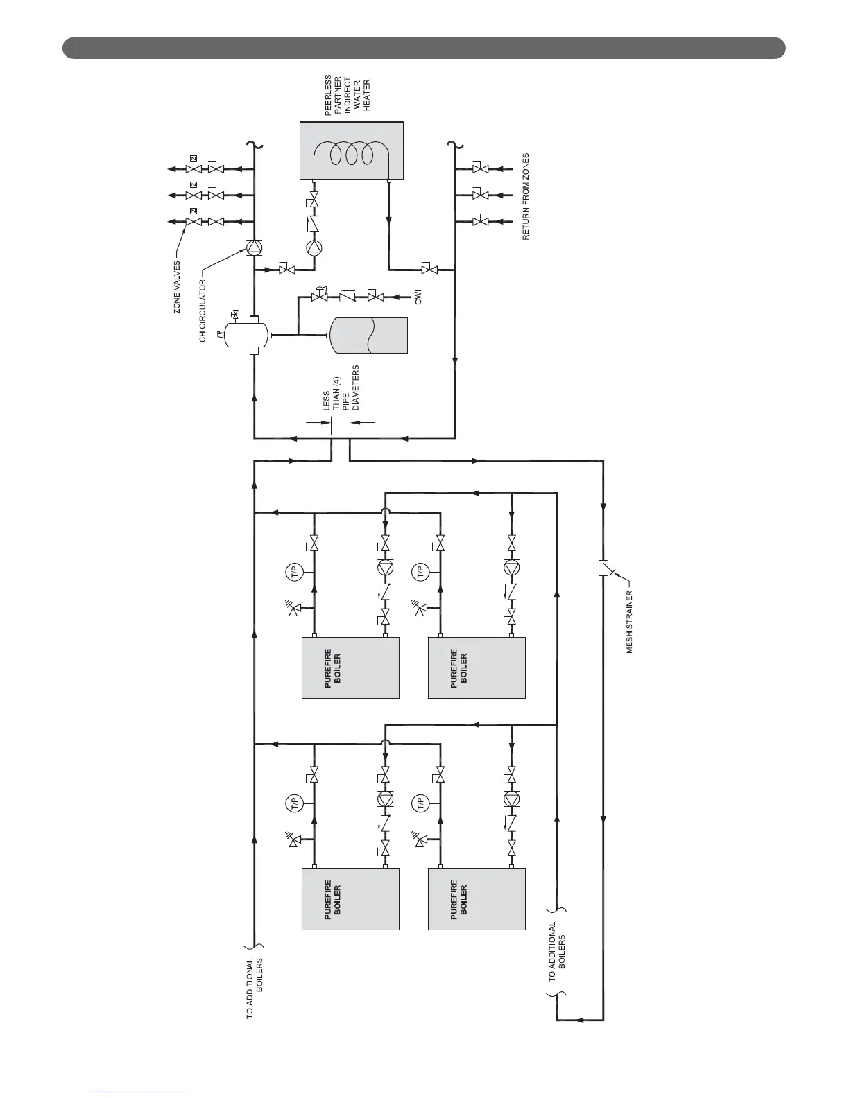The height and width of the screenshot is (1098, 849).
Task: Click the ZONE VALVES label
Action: [x=177, y=287]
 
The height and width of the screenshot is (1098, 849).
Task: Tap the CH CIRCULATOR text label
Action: [x=203, y=311]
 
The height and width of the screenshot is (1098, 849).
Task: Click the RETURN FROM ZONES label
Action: [x=526, y=197]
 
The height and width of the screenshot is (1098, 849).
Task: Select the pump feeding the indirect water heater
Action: [x=314, y=247]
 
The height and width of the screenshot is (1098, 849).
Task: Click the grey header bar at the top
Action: [x=424, y=49]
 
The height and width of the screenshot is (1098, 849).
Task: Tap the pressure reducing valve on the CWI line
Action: [x=320, y=297]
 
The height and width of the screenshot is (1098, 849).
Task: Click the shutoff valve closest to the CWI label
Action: [x=376, y=297]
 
